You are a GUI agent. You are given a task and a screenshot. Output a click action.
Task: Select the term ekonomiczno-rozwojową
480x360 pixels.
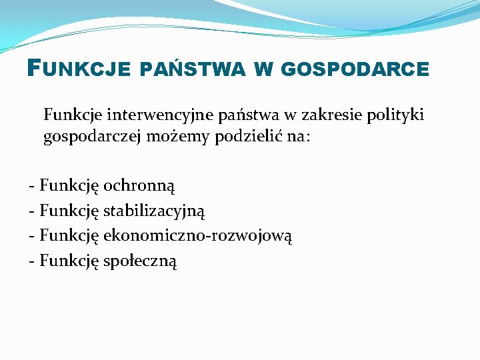click(198, 235)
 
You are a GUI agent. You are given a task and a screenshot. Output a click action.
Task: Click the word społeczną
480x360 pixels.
click(139, 261)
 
